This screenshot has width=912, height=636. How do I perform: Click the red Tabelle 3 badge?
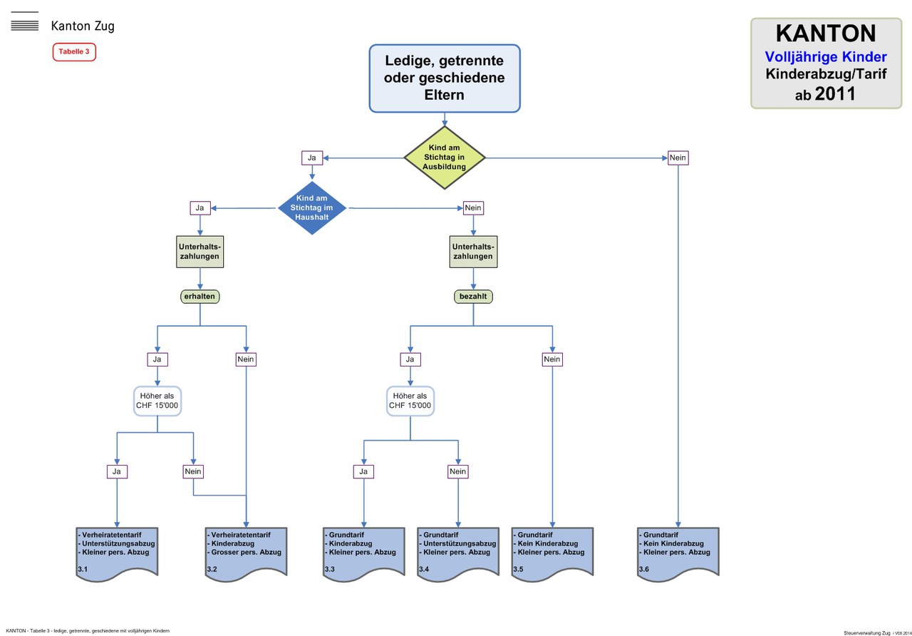point(74,52)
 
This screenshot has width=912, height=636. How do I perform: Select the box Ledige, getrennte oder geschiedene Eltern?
point(445,78)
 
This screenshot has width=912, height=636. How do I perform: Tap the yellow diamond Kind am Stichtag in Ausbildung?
point(445,158)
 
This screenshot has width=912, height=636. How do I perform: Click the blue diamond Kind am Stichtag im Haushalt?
point(312,208)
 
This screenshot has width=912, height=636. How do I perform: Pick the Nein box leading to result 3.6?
point(678,158)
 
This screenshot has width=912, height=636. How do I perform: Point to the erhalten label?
point(200,296)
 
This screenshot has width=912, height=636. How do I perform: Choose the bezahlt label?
point(473,296)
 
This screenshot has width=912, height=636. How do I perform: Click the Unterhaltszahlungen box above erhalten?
point(200,251)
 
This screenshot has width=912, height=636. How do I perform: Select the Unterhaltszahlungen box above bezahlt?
point(473,251)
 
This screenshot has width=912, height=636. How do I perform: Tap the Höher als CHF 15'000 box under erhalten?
point(157,401)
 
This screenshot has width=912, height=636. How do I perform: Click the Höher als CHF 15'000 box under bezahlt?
point(410,401)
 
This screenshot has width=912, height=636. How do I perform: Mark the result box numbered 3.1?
point(116,553)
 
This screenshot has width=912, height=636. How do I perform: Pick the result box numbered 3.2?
point(246,553)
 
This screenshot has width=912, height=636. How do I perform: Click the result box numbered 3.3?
point(364,553)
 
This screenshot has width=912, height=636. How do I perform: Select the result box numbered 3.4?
point(458,553)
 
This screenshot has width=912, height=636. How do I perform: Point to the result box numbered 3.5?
point(552,553)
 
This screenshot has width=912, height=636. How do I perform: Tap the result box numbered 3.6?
point(678,553)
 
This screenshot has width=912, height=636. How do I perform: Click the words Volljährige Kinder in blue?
point(825,56)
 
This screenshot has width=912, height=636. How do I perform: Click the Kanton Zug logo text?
point(83,26)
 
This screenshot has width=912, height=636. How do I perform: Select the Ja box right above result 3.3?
point(363,471)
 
